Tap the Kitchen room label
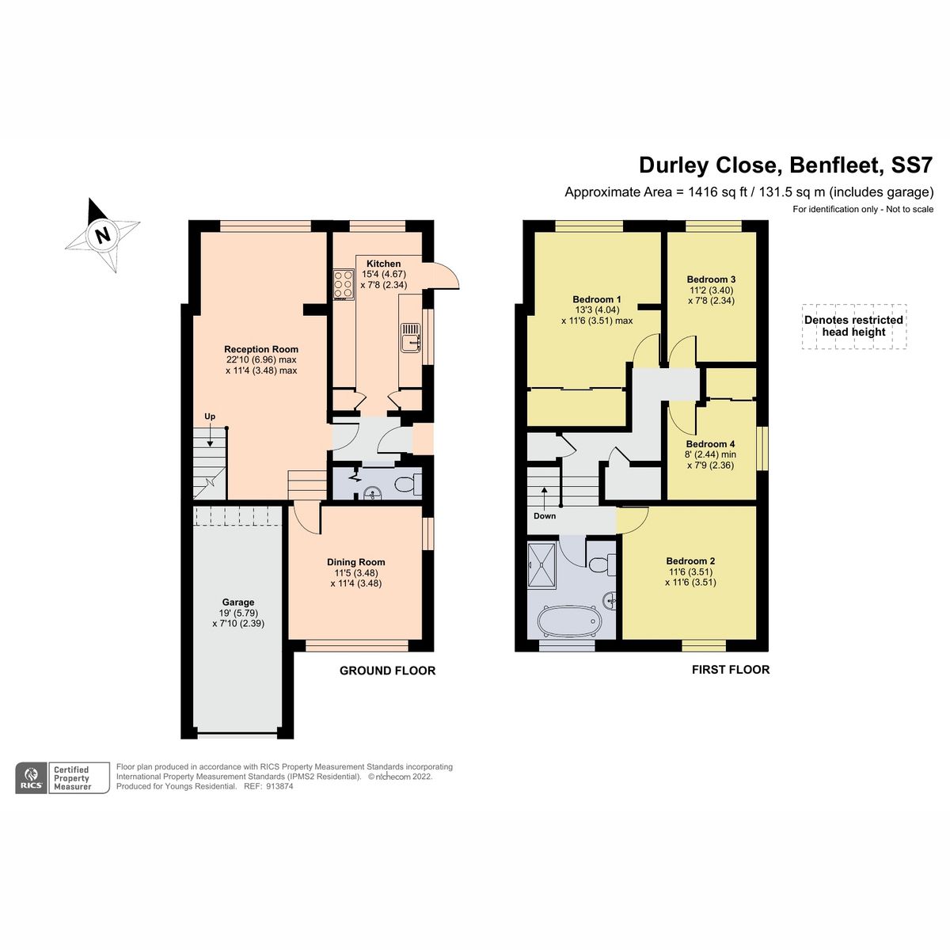(x=383, y=264)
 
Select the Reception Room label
(x=261, y=349)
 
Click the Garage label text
(x=237, y=602)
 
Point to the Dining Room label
(x=355, y=562)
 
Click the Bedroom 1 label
(x=597, y=299)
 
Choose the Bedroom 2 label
(x=690, y=560)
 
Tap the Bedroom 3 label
(x=711, y=279)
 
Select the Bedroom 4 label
(x=710, y=444)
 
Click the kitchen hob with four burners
(x=344, y=285)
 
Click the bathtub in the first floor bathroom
(x=568, y=621)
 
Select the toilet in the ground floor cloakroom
(x=408, y=484)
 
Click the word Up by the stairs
(x=210, y=416)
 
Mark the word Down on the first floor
(x=545, y=516)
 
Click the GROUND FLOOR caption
(x=387, y=671)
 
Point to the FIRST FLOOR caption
(x=730, y=670)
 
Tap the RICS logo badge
(x=32, y=777)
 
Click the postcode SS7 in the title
(x=912, y=165)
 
